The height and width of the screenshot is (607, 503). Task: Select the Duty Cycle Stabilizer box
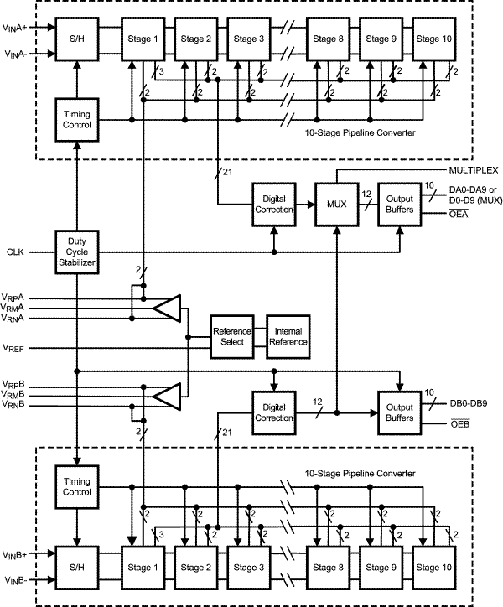click(x=77, y=252)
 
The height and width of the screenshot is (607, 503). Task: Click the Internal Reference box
click(x=288, y=335)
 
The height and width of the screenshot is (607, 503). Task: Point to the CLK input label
click(x=15, y=252)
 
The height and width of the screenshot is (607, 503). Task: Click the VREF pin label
click(x=14, y=347)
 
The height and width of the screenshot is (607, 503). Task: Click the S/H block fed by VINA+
click(x=77, y=39)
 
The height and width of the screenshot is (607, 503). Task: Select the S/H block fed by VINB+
click(x=77, y=567)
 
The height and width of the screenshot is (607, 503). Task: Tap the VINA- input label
click(x=17, y=55)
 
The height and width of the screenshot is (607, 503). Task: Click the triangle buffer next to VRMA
click(x=169, y=308)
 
